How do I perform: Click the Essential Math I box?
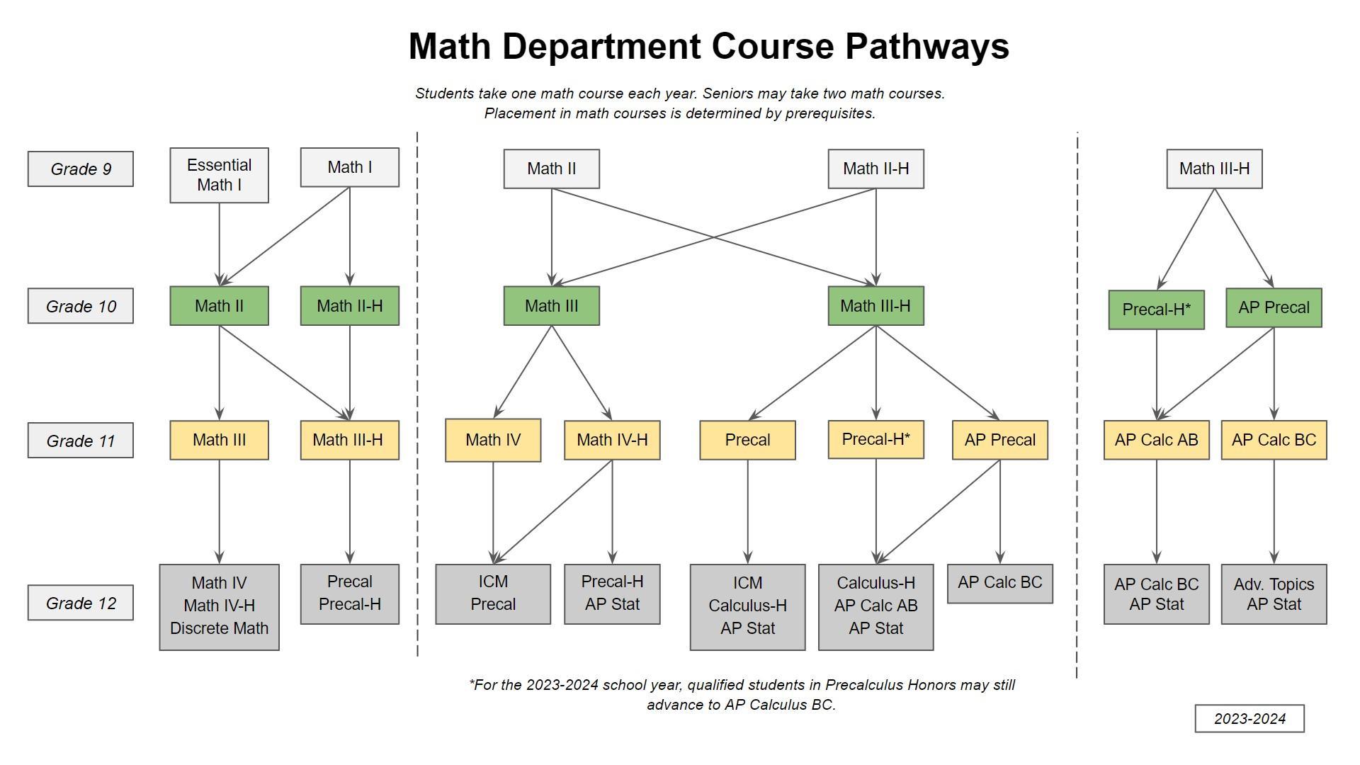pos(219,175)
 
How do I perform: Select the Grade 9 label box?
pos(81,169)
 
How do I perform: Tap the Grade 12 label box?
pos(81,603)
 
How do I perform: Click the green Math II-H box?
pos(349,306)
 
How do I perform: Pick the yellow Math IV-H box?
pos(612,440)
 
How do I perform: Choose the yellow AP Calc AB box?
pos(1156,440)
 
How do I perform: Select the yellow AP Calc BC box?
pos(1274,440)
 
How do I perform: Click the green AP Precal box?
pos(1274,307)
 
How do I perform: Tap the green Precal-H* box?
pos(1156,310)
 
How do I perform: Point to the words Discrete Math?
pos(219,628)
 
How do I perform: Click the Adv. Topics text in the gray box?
pos(1274,584)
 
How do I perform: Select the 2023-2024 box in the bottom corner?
pos(1249,718)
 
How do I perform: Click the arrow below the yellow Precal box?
pos(747,510)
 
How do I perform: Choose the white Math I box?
pos(349,167)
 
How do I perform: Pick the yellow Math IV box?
pos(493,440)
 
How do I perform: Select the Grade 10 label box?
pos(81,306)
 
